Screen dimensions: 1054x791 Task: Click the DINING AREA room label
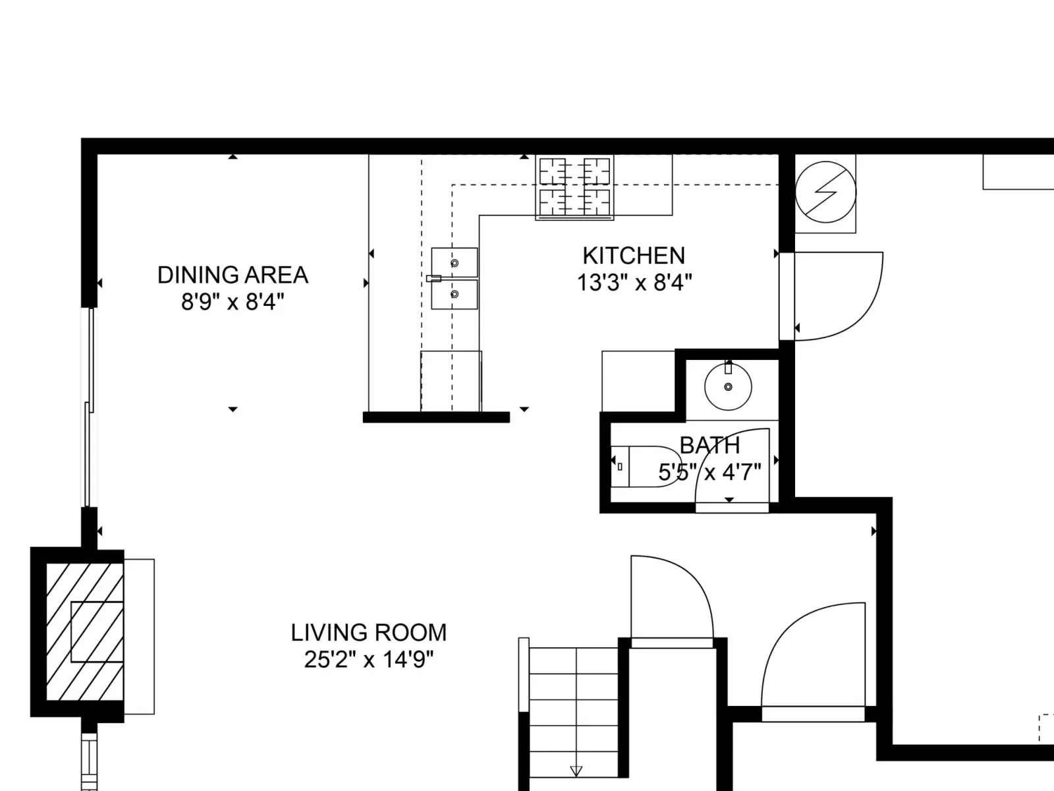tap(233, 275)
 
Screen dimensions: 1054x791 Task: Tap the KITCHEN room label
tap(634, 256)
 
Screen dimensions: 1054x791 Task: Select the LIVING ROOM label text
tap(369, 633)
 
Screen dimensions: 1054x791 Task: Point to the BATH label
tap(709, 446)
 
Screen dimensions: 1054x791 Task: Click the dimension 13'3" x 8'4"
tap(634, 283)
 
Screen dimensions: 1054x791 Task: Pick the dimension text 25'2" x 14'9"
tap(369, 659)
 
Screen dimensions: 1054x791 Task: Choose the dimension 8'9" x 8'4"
tap(233, 302)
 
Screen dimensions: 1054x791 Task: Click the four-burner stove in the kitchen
tap(575, 187)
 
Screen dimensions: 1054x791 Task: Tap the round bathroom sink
tap(728, 387)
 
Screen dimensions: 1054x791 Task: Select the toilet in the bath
tap(646, 467)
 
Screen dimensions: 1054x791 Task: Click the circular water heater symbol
tap(825, 192)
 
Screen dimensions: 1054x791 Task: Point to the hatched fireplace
tap(85, 632)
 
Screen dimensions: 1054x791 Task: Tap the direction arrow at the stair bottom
tap(576, 771)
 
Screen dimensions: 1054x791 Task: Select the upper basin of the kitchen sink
tap(455, 262)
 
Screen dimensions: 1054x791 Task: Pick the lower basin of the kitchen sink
tap(455, 295)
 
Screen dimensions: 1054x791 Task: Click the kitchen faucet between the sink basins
tap(433, 279)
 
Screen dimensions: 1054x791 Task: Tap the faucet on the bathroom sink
tap(728, 367)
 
